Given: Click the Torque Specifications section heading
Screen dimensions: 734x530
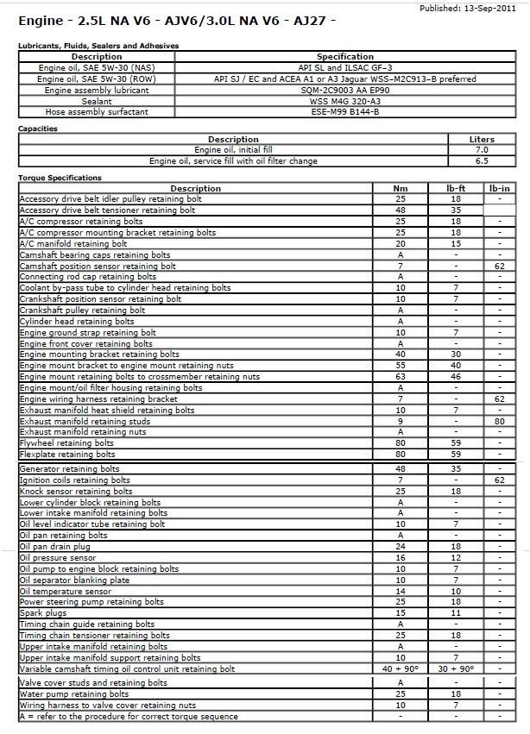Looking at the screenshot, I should (60, 178).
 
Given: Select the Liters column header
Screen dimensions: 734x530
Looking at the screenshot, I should (482, 139).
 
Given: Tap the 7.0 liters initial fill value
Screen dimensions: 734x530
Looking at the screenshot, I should (482, 150).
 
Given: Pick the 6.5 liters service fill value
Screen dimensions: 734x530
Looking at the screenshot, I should (482, 160).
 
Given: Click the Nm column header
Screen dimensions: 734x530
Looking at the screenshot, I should (401, 188).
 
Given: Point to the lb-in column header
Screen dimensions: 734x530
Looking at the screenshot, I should (500, 188).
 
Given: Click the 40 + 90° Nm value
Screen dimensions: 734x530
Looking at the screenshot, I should (401, 669).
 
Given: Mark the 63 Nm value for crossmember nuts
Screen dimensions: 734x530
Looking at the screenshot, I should (401, 377).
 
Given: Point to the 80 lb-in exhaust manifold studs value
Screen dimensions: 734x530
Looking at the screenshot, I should (500, 422).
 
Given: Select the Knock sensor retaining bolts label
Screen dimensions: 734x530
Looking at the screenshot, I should (76, 491).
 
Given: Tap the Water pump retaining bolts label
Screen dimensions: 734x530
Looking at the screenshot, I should (74, 693).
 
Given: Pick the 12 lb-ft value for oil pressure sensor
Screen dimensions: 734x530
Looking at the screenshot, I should (455, 558).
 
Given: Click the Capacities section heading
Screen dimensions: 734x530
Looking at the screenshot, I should (38, 129).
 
